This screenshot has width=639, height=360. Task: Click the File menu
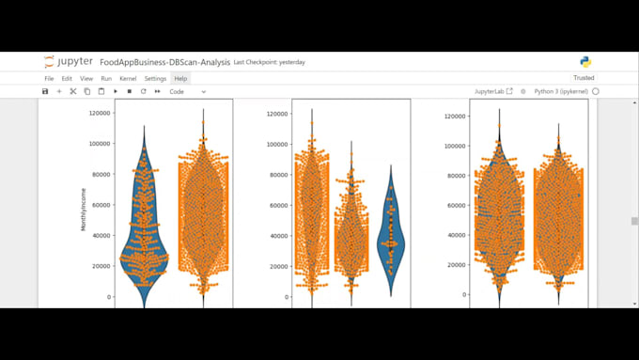point(49,78)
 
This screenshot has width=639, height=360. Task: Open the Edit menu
point(67,78)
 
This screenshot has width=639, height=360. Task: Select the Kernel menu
point(128,78)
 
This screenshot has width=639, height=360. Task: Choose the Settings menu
point(155,78)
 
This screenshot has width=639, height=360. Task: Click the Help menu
point(180,78)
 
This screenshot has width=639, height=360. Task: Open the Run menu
point(106,78)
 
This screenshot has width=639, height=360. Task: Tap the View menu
point(86,78)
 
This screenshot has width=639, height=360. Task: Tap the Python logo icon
point(585,62)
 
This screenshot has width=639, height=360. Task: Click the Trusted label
point(584,78)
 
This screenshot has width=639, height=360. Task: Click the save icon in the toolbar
point(45,91)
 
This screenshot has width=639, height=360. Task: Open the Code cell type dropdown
point(187,91)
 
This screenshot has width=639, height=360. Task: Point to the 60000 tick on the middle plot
point(276,205)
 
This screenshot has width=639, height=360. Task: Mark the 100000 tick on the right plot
point(454,146)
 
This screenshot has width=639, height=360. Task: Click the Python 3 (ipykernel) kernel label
point(561,91)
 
